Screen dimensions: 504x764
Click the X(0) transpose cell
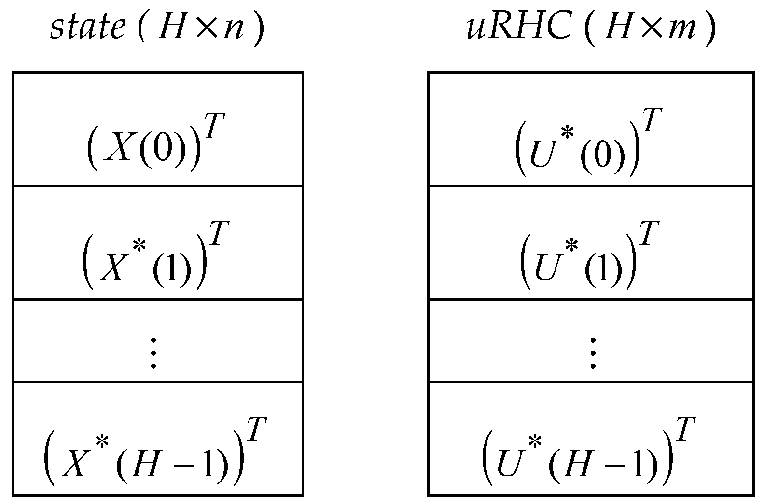coord(157,129)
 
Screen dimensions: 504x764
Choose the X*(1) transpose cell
coord(157,243)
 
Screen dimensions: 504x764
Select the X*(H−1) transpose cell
coord(157,439)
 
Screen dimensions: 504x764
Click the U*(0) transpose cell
coord(591,129)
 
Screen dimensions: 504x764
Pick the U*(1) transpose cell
coord(591,243)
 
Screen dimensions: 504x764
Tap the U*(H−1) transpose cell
coord(591,439)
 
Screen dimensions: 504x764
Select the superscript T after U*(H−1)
coord(684,430)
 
